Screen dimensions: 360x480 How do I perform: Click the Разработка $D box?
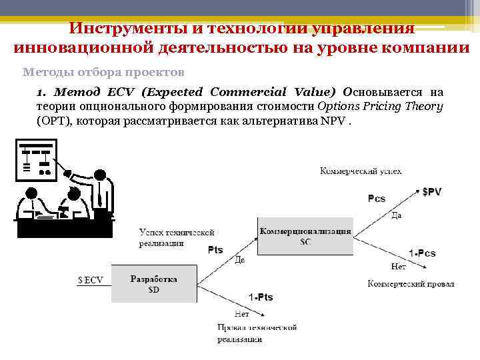pos(154,284)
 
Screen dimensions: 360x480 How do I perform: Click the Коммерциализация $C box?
pos(305,236)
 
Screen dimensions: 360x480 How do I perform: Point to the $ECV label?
pos(91,280)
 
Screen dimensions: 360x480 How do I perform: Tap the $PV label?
pos(432,191)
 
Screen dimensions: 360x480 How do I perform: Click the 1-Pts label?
pos(261,297)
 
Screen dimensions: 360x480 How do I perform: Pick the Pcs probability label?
pos(377,199)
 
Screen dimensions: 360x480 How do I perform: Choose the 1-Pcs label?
pos(422,253)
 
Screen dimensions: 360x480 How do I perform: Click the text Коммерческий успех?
pos(361,171)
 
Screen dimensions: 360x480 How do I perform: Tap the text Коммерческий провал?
pos(411,283)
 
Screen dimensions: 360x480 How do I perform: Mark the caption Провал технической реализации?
pos(256,333)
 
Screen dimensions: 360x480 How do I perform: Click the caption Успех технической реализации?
pos(176,238)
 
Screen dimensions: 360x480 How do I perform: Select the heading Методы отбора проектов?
pos(103,71)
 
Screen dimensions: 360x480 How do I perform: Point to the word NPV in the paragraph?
pos(335,121)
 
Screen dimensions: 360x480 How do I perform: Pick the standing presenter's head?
pos(99,175)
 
